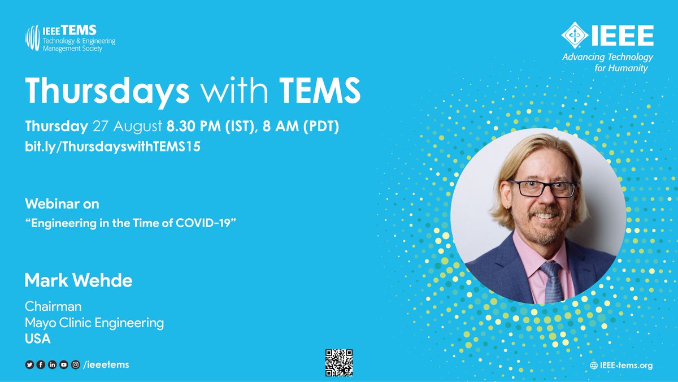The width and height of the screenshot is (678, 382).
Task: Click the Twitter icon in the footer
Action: pyautogui.click(x=29, y=365)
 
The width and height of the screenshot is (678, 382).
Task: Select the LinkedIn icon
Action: pyautogui.click(x=53, y=365)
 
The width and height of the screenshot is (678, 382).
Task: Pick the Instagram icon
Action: pyautogui.click(x=75, y=365)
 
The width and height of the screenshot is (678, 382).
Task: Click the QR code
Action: pyautogui.click(x=339, y=363)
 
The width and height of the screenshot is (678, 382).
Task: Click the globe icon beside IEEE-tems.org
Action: pyautogui.click(x=594, y=366)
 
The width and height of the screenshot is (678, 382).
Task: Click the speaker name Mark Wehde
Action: pyautogui.click(x=79, y=280)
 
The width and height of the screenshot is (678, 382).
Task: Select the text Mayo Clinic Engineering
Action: pyautogui.click(x=94, y=323)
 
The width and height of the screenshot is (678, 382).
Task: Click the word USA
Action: pyautogui.click(x=38, y=340)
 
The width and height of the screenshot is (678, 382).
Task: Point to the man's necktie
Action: pyautogui.click(x=551, y=281)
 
